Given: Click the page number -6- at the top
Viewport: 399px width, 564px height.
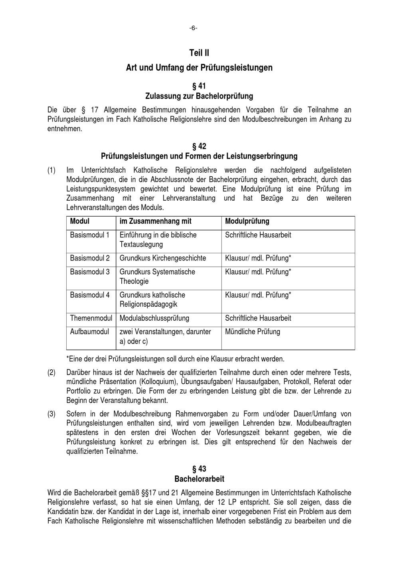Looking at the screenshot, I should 193,28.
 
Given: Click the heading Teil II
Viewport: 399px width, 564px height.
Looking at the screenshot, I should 199,53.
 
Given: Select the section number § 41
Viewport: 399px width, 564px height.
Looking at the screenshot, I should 199,86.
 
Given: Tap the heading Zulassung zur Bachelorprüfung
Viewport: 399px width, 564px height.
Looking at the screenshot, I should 199,96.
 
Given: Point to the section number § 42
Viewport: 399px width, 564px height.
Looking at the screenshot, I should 199,146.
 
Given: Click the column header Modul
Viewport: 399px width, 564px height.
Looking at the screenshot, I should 80,221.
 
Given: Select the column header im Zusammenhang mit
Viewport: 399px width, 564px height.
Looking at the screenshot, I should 155,221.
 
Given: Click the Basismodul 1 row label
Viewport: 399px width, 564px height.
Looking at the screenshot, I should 90,235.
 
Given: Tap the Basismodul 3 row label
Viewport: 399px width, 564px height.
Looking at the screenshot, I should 90,272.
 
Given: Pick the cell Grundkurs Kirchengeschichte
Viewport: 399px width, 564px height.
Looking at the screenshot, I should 163,258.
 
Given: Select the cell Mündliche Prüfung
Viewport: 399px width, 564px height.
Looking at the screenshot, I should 253,331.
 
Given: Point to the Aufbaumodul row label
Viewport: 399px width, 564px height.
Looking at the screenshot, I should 89,331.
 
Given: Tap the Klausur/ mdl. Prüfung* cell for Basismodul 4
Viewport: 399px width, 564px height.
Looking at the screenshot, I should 258,295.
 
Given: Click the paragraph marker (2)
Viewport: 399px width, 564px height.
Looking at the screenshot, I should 51,373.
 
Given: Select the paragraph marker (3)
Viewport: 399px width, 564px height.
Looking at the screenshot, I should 51,414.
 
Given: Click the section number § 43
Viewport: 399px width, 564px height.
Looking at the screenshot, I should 199,469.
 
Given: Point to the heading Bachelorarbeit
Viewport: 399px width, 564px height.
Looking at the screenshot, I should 199,479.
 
